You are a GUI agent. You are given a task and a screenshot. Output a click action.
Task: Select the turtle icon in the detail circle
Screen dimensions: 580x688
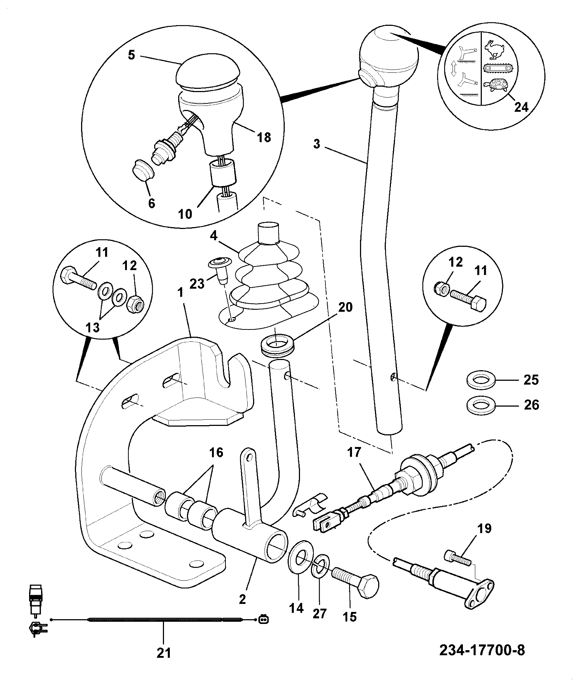pos(496,85)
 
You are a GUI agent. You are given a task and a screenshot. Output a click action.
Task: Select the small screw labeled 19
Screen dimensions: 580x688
pos(458,569)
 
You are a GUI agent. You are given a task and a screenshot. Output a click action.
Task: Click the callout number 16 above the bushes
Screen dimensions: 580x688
pos(216,452)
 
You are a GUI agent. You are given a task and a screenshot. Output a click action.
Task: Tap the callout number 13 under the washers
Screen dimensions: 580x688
pos(93,328)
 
